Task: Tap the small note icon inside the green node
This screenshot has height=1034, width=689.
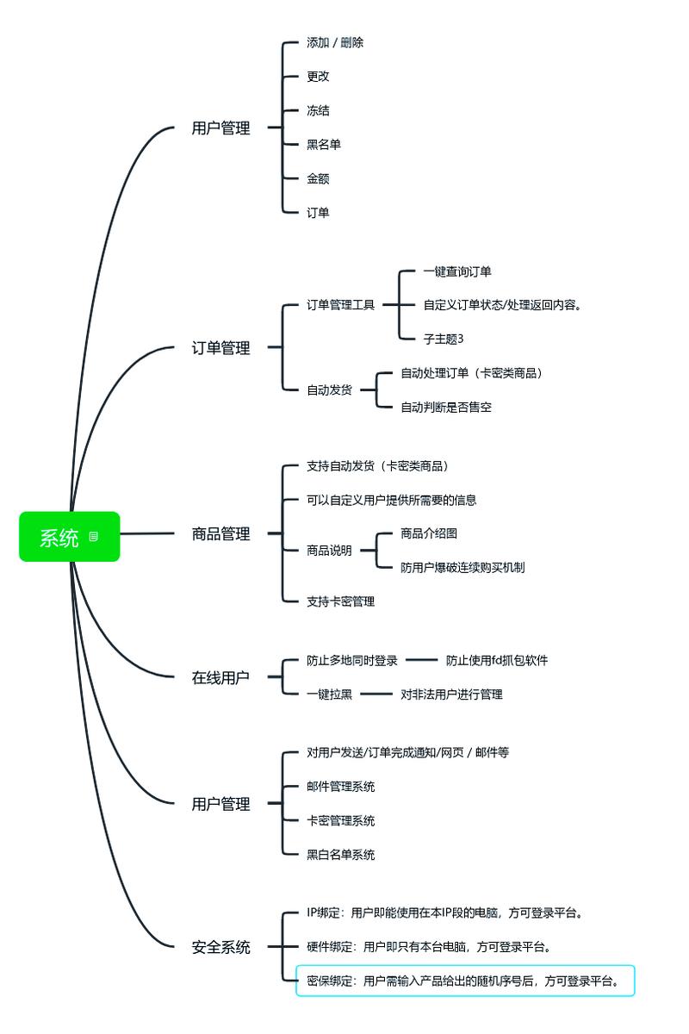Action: pyautogui.click(x=94, y=537)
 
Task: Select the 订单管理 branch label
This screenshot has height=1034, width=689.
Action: pyautogui.click(x=220, y=348)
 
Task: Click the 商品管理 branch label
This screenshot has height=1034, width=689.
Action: pyautogui.click(x=220, y=534)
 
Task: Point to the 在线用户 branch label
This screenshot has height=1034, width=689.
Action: pyautogui.click(x=220, y=677)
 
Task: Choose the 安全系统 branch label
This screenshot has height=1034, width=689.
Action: pyautogui.click(x=220, y=947)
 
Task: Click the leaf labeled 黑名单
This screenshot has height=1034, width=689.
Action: pyautogui.click(x=324, y=145)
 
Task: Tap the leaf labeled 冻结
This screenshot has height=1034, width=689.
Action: pyautogui.click(x=318, y=110)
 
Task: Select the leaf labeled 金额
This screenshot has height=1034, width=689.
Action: pyautogui.click(x=318, y=178)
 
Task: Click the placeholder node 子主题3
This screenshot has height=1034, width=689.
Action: pyautogui.click(x=444, y=339)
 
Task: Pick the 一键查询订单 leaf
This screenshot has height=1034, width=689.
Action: pyautogui.click(x=457, y=271)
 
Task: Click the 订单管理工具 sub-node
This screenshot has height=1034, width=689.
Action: pyautogui.click(x=341, y=304)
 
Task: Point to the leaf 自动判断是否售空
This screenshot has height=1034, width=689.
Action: pyautogui.click(x=446, y=407)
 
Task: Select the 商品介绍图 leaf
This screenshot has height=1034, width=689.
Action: pyautogui.click(x=435, y=533)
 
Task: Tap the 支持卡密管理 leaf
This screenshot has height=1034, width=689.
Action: pyautogui.click(x=341, y=601)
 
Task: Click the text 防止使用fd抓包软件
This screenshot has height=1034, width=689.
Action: pyautogui.click(x=497, y=660)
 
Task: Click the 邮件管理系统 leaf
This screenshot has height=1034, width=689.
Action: pyautogui.click(x=341, y=786)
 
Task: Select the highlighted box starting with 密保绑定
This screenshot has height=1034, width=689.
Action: pyautogui.click(x=465, y=981)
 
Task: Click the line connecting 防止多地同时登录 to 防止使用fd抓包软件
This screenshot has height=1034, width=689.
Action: pyautogui.click(x=422, y=660)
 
